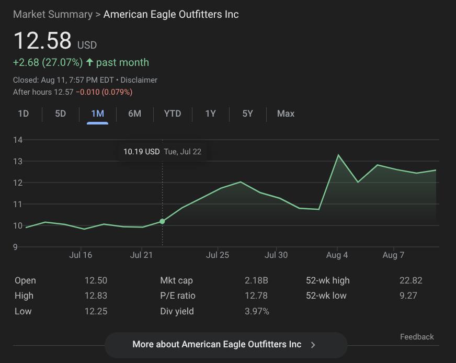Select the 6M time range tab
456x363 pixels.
tap(134, 114)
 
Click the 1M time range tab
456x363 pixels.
tap(97, 114)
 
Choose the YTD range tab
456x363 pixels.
tap(173, 114)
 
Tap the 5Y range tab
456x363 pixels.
tap(248, 114)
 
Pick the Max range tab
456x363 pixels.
tap(286, 114)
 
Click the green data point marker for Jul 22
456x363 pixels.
tap(162, 221)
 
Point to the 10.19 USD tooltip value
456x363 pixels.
tap(141, 152)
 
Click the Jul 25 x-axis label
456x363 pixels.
tap(218, 255)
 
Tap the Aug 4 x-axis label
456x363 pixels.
tap(337, 255)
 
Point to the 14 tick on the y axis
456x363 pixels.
tap(18, 140)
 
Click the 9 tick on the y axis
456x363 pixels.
tap(16, 247)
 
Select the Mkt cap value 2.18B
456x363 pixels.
tap(256, 280)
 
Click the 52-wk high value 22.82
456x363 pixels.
tap(411, 280)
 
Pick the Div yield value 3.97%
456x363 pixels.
tap(257, 311)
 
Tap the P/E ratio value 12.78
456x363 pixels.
tap(256, 296)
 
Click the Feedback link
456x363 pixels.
tap(417, 337)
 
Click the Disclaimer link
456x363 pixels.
tap(139, 80)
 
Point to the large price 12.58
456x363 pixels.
tap(42, 41)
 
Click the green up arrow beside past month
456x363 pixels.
tap(89, 62)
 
